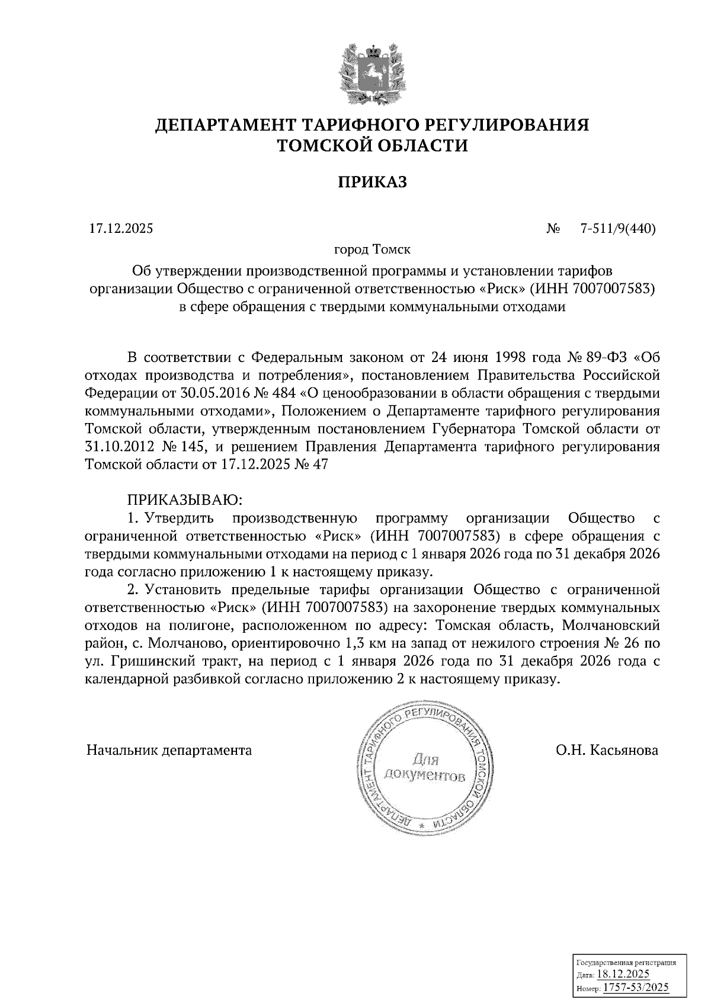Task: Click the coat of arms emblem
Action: [x=372, y=72]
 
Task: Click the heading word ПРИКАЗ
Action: [x=372, y=182]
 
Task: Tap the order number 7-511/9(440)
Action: [x=619, y=229]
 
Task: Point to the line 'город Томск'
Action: [x=372, y=250]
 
